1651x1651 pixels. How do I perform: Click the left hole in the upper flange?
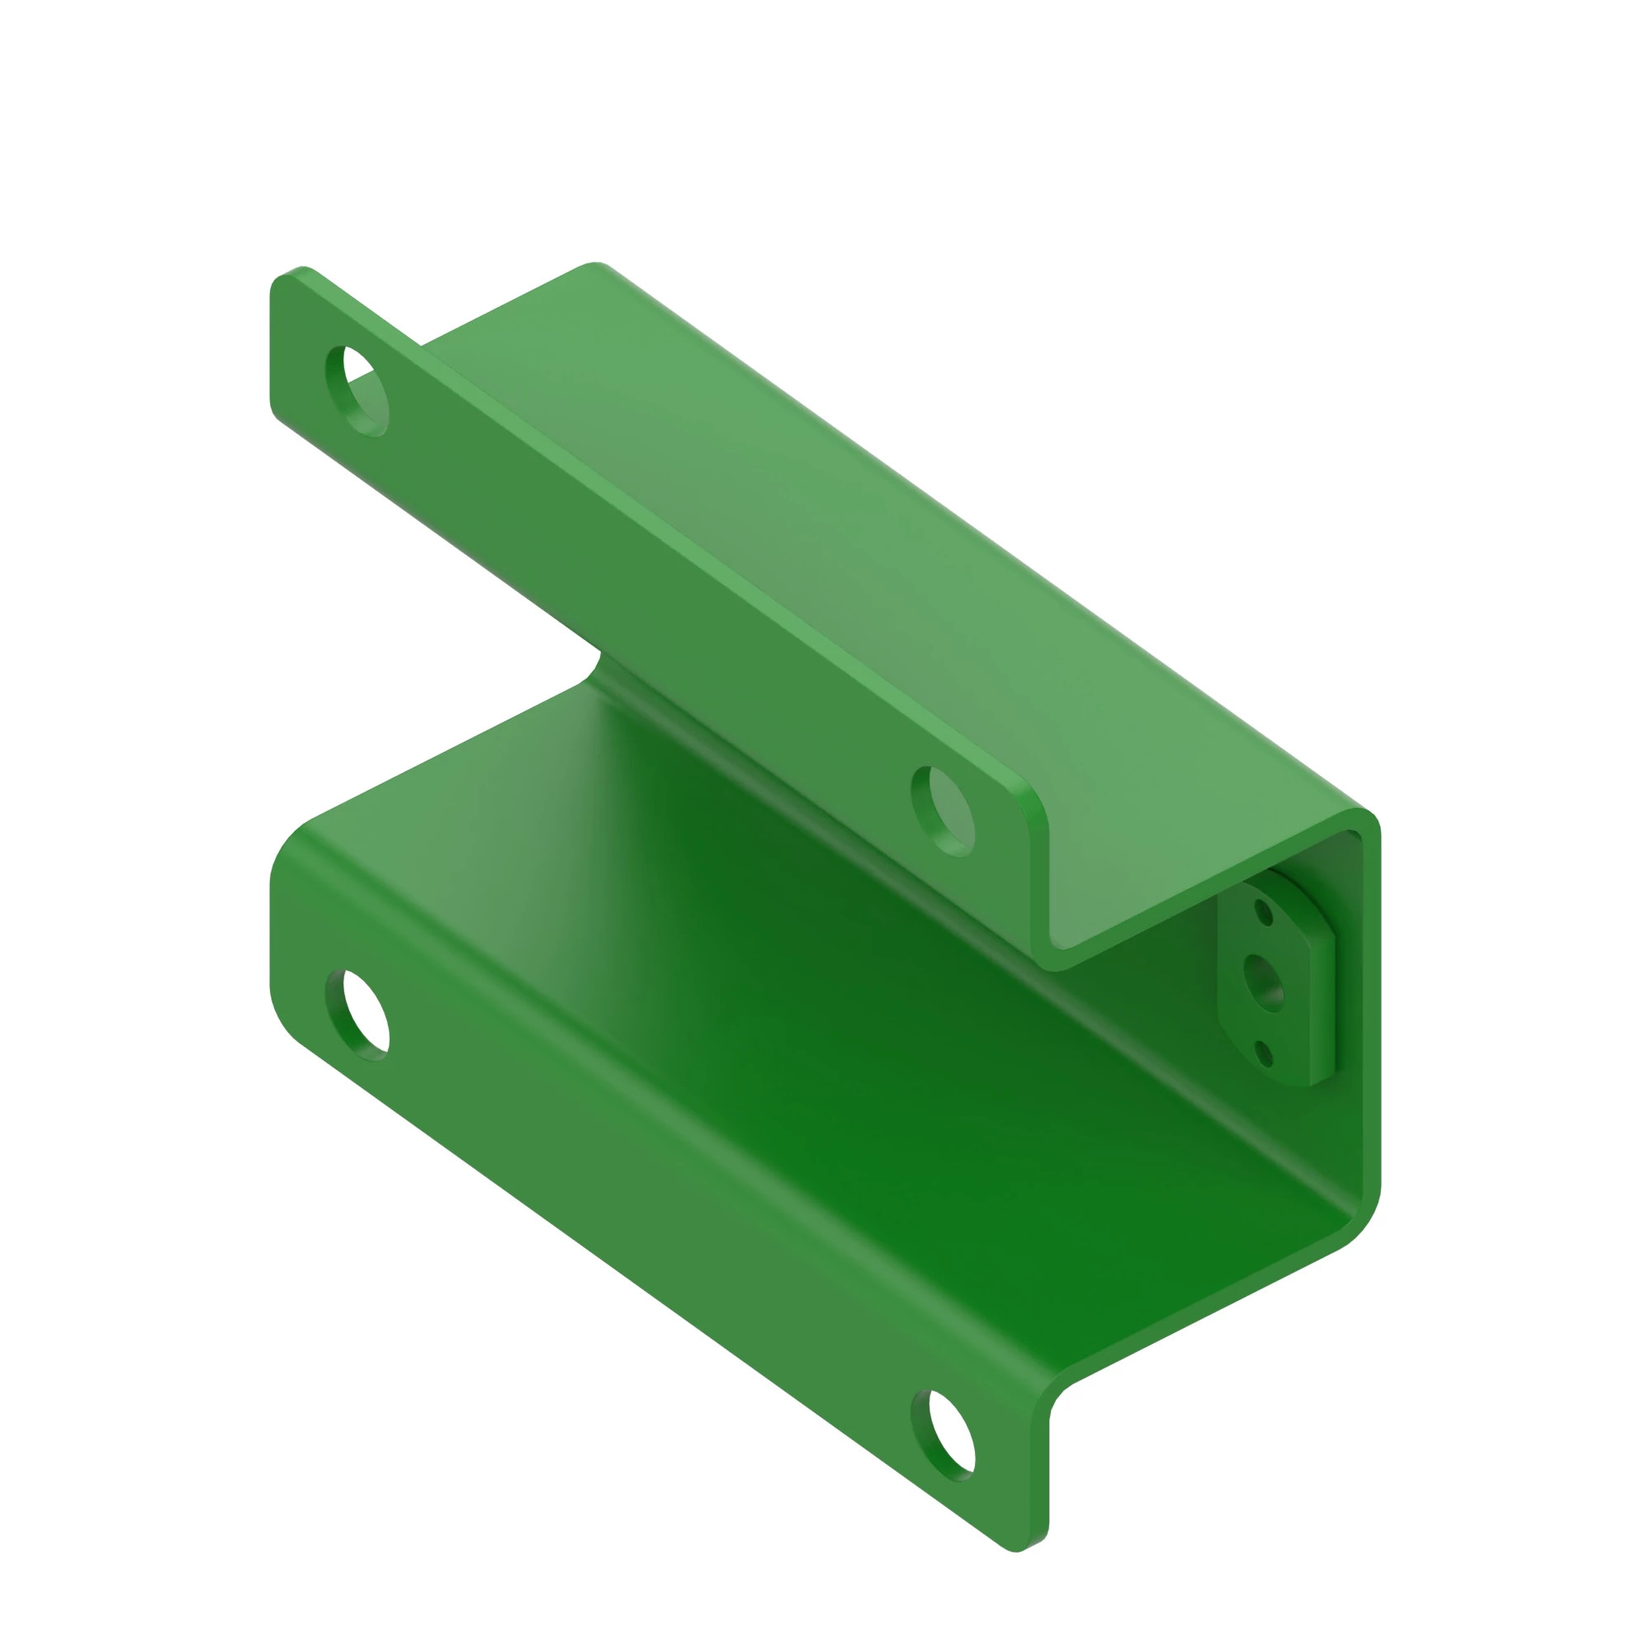(x=358, y=391)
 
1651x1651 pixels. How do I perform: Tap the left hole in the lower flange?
(x=358, y=1015)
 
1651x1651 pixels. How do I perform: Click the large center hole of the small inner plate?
(x=1265, y=982)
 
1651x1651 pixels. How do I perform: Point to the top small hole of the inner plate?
(x=1264, y=913)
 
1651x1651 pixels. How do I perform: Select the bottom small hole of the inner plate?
(x=1264, y=1053)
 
